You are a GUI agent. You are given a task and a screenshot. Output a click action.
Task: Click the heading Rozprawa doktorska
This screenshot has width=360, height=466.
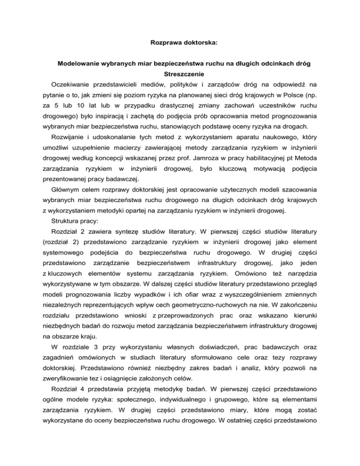click(x=180, y=42)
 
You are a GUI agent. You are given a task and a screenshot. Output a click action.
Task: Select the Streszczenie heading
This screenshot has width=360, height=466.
click(x=180, y=74)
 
